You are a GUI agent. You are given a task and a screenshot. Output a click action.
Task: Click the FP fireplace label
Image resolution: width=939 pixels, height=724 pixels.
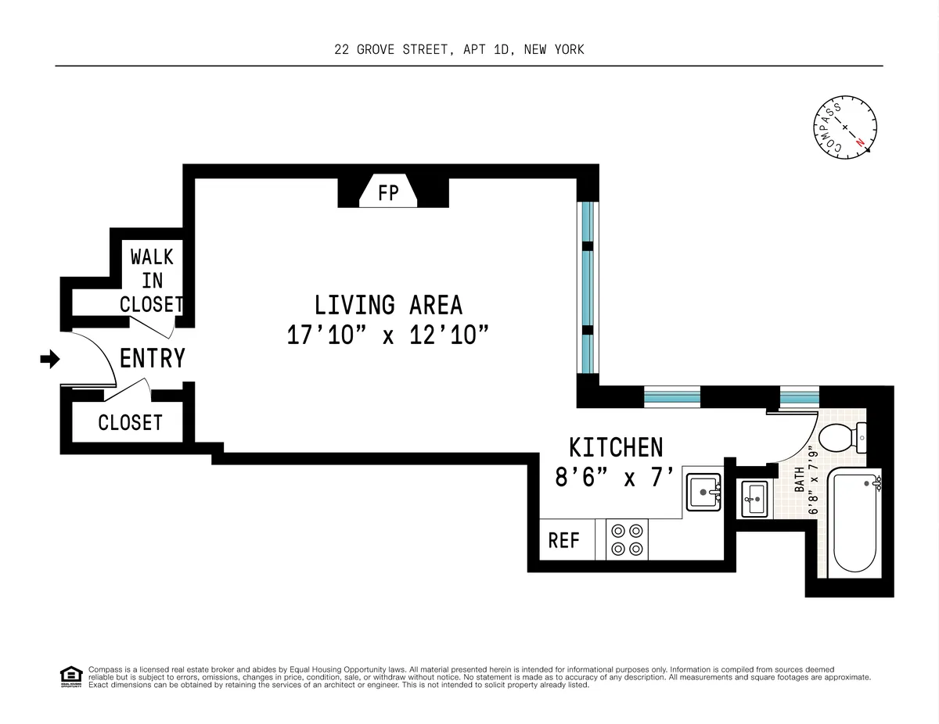pos(389,192)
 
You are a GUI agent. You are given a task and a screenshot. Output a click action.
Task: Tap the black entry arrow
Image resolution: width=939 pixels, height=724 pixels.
pos(50,359)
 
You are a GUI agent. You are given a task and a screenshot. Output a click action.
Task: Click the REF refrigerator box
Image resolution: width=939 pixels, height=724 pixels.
pos(563,540)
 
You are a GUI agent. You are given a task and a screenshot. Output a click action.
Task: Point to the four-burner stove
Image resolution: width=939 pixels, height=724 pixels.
pos(628,539)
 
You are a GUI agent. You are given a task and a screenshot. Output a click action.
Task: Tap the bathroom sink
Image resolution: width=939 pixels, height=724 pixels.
pos(755,498)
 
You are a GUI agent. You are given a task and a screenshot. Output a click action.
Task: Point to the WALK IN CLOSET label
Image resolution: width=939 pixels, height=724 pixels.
pos(152,280)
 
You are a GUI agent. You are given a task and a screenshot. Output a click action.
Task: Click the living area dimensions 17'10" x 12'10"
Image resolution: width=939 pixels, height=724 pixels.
pos(388,335)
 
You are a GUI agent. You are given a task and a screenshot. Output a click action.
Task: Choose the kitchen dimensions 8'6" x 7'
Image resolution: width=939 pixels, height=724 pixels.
pos(614,477)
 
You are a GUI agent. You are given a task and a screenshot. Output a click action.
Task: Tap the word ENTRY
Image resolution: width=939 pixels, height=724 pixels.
pos(153,358)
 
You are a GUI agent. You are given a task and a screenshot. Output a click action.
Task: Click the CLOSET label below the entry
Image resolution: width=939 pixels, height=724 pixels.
pos(130,423)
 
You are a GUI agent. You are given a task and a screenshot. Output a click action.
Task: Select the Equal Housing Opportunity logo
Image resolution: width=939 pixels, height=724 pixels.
pos(71,677)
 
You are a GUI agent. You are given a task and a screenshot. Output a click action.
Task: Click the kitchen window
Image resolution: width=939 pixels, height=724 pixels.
pos(671,396)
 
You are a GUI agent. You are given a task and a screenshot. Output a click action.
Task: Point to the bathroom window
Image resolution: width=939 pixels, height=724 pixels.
pos(798,396)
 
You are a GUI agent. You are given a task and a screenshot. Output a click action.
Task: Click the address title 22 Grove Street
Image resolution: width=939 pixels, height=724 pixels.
pos(459,50)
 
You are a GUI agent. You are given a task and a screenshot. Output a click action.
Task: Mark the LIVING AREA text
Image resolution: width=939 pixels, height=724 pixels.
pos(388,304)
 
